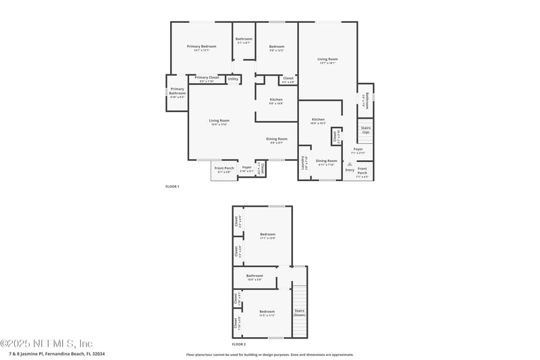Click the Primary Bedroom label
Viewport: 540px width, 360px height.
[202, 47]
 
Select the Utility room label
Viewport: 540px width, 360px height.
[233, 79]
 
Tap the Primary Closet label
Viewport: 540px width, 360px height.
[207, 78]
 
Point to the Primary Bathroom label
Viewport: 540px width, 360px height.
[177, 91]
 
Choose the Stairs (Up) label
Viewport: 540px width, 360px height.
[366, 129]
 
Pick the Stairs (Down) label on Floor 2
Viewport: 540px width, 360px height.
[300, 313]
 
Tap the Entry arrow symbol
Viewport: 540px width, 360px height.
[350, 164]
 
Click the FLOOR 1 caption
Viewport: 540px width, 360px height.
[172, 186]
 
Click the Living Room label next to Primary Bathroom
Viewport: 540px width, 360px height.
[219, 121]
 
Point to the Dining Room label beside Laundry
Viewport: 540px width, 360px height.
[327, 161]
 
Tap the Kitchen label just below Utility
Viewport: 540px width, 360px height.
[276, 100]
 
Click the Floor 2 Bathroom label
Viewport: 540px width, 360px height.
[254, 276]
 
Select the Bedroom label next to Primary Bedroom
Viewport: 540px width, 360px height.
[277, 47]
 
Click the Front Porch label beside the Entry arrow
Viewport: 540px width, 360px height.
[362, 170]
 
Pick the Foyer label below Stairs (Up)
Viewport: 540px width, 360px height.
[358, 149]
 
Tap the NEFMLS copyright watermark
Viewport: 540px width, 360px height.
[47, 343]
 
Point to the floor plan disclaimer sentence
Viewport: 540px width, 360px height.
[269, 354]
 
